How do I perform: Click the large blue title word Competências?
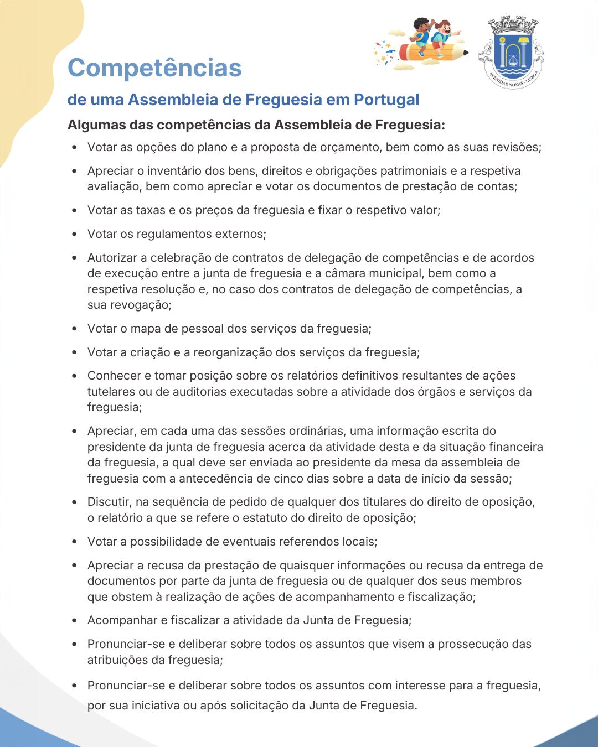point(154,68)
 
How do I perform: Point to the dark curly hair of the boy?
point(422,24)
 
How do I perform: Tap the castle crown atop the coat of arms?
point(510,25)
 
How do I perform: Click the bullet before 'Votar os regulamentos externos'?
point(74,234)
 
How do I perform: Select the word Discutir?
point(109,502)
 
